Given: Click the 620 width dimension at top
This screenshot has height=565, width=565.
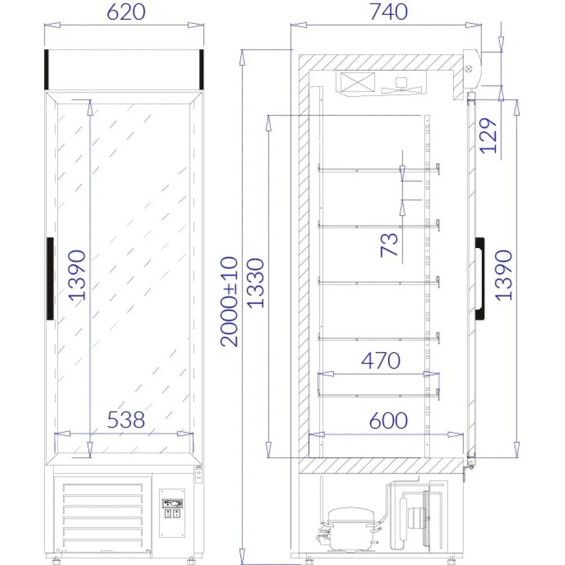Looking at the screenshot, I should coord(125,12).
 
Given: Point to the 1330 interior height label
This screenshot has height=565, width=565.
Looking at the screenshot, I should coord(256,282).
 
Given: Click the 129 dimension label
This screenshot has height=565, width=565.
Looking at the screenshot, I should coord(488,135).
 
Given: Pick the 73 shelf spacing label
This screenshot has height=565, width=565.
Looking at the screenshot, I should coord(390,244).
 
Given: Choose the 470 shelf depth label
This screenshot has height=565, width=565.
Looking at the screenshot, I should coord(380,360).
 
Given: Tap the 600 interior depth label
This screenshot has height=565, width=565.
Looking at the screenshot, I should coord(388,420).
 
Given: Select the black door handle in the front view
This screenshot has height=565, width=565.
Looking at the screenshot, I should coord(50,278).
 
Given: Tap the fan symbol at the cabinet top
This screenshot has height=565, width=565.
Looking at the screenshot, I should coord(402,84).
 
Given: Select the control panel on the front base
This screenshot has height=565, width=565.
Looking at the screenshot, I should coord(172,513).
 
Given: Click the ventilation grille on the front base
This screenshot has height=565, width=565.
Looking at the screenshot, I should coord(102,514).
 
